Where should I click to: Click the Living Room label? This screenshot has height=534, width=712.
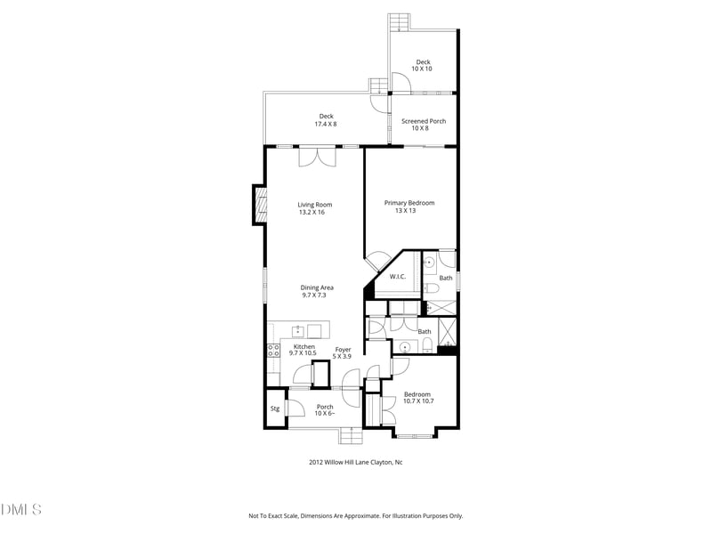(x=314, y=205)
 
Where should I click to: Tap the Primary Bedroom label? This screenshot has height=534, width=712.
(x=409, y=203)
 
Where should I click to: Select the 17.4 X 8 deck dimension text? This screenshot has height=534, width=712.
(x=326, y=125)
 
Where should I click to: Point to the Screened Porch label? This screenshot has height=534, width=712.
(x=424, y=121)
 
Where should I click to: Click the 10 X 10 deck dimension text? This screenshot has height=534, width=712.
(x=423, y=69)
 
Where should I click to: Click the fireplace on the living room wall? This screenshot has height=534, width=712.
(x=260, y=206)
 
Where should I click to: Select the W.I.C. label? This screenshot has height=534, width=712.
(x=397, y=277)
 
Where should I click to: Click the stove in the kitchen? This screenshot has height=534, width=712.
(x=272, y=350)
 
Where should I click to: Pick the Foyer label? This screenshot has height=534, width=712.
(x=343, y=350)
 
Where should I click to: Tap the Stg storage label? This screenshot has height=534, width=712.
(x=275, y=409)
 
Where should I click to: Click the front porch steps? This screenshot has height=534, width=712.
(x=352, y=436)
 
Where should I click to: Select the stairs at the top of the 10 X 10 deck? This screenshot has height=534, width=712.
(x=399, y=20)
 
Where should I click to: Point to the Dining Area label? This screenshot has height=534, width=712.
(x=317, y=287)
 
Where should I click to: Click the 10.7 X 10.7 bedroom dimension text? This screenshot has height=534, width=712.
(x=417, y=401)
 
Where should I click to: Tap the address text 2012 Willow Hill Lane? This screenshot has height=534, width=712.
(x=355, y=462)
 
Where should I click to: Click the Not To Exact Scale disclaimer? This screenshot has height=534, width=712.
(x=355, y=515)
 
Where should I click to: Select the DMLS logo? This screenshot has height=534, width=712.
(x=21, y=510)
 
